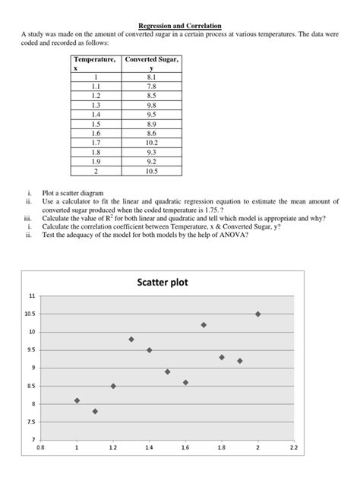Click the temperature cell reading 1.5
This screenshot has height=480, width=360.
(96, 123)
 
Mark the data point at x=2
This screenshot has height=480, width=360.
(258, 314)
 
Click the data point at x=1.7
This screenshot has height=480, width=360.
(204, 324)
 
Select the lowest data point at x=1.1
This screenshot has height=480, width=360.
(95, 411)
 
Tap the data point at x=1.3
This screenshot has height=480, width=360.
(131, 339)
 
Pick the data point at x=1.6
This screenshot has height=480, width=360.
(185, 382)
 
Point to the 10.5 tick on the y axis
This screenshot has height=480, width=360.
(30, 314)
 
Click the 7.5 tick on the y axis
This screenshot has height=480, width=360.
(31, 422)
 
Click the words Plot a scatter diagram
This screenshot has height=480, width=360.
(72, 194)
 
